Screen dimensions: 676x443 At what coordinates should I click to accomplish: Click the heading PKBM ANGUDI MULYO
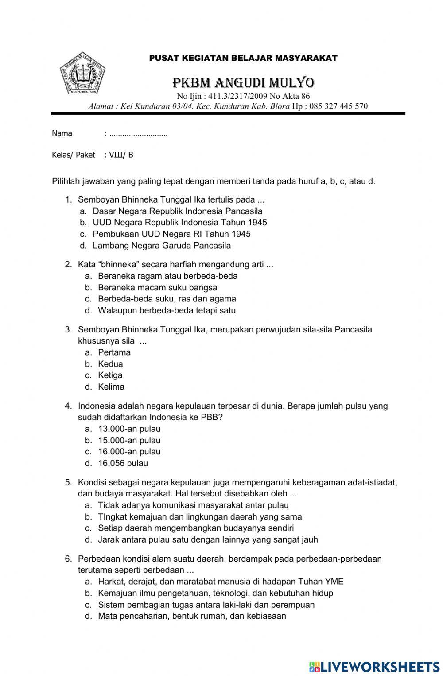click(243, 83)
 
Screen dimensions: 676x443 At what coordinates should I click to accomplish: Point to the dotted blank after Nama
click(138, 134)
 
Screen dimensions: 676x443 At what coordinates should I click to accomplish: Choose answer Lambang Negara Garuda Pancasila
click(162, 246)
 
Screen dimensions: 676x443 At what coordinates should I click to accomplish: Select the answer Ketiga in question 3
click(110, 375)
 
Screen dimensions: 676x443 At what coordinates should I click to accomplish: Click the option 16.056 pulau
click(123, 463)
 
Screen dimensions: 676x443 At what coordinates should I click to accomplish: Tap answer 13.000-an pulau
click(129, 429)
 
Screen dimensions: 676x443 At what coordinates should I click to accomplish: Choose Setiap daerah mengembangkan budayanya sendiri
click(196, 528)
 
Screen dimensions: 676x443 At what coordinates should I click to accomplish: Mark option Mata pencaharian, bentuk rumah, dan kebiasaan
click(192, 616)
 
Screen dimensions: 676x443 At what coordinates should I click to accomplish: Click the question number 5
click(68, 482)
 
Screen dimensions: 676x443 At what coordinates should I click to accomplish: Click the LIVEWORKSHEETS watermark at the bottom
click(374, 667)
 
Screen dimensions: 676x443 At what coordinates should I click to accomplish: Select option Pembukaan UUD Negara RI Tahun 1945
click(171, 234)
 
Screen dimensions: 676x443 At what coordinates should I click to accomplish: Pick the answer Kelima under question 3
click(111, 387)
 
